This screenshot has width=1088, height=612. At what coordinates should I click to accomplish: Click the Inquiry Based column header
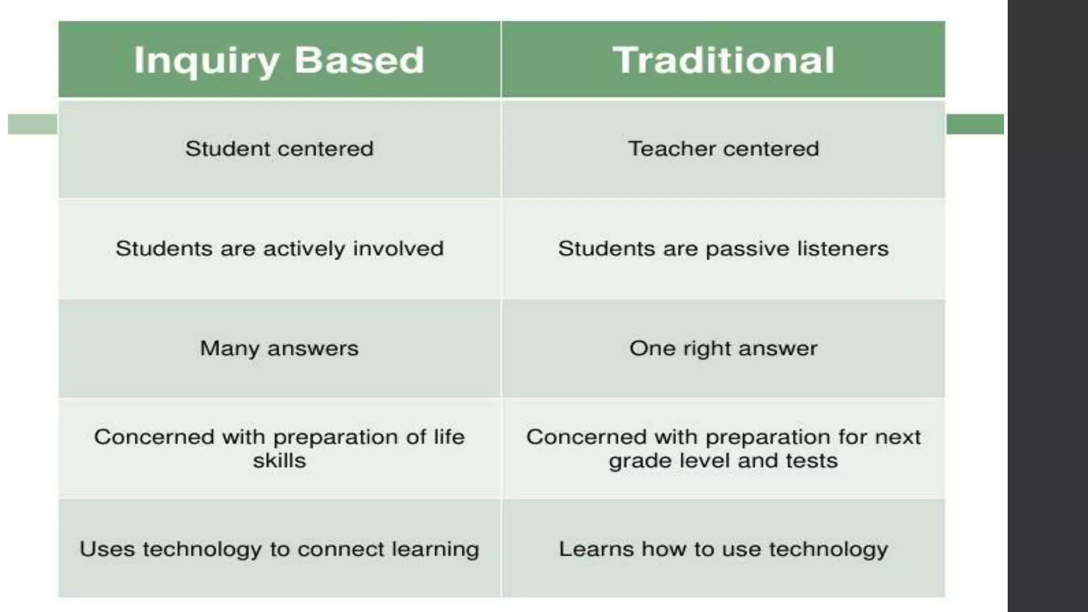point(279,59)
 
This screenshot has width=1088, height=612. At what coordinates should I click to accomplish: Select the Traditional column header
point(723,59)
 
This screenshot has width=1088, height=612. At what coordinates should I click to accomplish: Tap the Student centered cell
point(279,149)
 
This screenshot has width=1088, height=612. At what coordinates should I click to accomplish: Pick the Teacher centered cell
point(723,149)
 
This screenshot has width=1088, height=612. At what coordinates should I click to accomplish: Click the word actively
point(304,249)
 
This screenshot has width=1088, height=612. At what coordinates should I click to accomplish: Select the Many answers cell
point(279,348)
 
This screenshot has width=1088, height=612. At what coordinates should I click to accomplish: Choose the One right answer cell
point(723,348)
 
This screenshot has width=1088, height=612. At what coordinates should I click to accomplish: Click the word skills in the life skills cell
point(279,461)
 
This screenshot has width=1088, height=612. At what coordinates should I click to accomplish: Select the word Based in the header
point(359,59)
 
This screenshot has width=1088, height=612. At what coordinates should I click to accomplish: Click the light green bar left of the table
point(32,124)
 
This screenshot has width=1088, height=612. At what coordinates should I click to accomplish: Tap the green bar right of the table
point(975,124)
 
